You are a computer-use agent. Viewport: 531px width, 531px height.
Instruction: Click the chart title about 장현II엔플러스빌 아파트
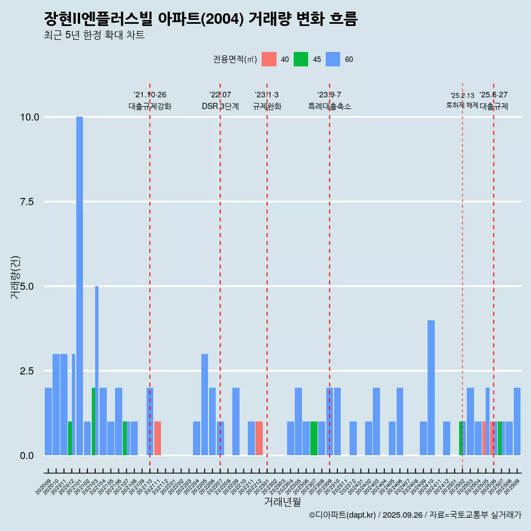click(201, 19)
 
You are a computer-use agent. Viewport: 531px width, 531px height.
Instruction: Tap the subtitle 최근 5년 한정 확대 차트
click(94, 35)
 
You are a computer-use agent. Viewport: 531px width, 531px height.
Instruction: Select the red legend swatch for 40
click(269, 59)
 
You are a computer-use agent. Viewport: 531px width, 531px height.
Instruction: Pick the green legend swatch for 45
click(301, 59)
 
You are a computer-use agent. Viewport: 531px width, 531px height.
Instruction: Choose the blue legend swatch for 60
click(333, 59)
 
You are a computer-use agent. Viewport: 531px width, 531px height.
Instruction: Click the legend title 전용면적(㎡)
click(235, 59)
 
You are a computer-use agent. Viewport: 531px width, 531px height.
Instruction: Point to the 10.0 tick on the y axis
click(29, 117)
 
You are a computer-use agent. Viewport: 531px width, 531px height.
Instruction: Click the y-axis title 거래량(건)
click(15, 277)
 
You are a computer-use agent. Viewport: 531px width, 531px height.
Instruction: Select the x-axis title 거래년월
click(282, 502)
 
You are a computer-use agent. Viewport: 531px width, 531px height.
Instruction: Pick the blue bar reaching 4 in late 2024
click(431, 387)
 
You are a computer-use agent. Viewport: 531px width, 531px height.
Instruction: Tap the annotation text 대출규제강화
click(150, 106)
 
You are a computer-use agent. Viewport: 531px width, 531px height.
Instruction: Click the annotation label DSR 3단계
click(220, 106)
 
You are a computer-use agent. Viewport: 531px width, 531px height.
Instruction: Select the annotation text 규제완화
click(267, 106)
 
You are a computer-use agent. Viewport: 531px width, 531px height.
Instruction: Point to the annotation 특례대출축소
click(330, 106)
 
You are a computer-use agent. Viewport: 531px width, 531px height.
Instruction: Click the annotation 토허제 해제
click(462, 105)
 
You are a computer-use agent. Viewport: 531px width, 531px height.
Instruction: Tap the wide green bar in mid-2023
click(314, 438)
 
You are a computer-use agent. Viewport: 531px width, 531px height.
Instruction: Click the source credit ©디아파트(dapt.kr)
click(343, 515)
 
